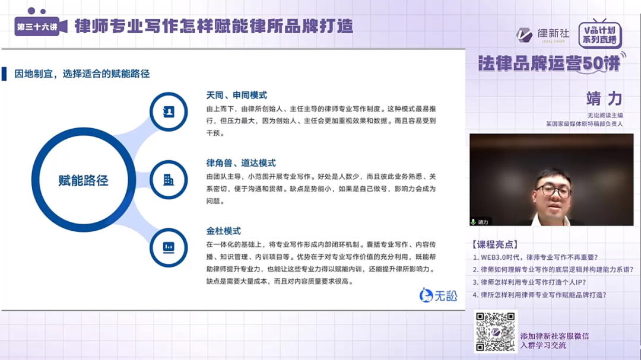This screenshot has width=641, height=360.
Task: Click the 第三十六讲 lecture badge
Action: coord(37,27)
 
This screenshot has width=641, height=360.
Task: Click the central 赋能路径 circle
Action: coord(83,180)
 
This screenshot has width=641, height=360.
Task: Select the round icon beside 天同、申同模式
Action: coord(169,111)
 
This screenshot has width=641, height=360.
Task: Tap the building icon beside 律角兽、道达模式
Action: coord(169,179)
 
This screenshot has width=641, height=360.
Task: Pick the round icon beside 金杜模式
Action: coord(169,247)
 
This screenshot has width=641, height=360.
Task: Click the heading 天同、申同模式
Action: coord(236,95)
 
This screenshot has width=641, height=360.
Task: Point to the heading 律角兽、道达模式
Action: coord(241,163)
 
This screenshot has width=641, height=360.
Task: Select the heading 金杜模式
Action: coord(224,230)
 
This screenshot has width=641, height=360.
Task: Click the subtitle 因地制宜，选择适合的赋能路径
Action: coord(82,74)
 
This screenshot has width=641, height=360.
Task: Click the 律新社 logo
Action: coord(542,34)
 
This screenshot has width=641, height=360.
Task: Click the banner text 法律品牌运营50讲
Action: coord(549,63)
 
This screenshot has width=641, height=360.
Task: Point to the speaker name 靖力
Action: coord(604,98)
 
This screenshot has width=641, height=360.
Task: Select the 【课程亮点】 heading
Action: coord(494,244)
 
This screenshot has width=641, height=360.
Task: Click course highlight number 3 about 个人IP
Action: coord(533,282)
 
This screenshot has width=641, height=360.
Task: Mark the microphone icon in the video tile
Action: coord(474,222)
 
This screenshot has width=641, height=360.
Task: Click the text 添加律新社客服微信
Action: coord(554,336)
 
